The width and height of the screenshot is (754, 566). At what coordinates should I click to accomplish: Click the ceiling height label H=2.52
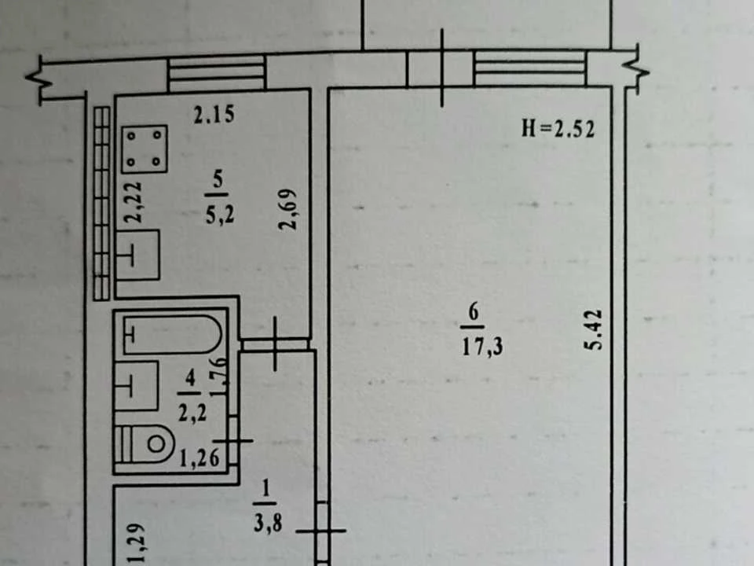(558, 128)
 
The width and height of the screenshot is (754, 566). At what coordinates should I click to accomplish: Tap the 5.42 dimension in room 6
(595, 329)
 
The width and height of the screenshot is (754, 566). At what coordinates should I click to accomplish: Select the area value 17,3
(482, 347)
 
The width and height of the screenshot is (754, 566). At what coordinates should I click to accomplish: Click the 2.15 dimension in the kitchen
(214, 115)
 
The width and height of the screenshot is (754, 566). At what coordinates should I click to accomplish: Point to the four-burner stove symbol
(145, 149)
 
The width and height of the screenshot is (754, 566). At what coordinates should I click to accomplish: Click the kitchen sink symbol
(138, 255)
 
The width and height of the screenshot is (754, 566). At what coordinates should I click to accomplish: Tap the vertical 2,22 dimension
(133, 202)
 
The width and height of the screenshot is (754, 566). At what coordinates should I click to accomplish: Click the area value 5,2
(220, 215)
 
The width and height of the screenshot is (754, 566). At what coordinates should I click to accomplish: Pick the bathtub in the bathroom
(172, 335)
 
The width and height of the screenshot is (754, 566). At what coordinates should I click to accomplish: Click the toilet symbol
(145, 443)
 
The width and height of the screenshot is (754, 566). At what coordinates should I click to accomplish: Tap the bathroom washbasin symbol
(137, 386)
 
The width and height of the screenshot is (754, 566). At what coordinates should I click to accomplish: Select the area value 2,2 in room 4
(192, 413)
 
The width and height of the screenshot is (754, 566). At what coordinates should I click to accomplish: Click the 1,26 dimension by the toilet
(199, 458)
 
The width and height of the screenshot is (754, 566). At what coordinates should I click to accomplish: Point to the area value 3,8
(268, 523)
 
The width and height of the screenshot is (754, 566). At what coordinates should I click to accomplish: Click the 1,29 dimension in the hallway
(137, 544)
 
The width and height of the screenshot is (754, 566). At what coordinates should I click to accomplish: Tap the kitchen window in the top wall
(217, 73)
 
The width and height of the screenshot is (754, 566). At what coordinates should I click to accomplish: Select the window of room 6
(530, 68)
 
